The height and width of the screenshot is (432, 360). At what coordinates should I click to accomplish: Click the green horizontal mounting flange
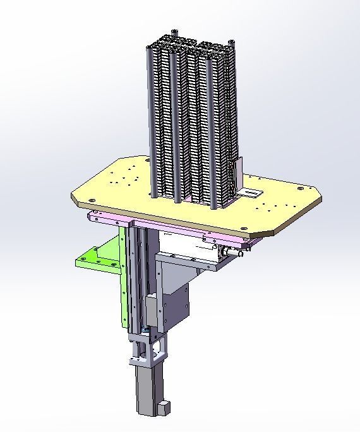tap(95, 259)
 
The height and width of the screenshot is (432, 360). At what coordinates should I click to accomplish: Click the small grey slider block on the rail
tap(152, 309)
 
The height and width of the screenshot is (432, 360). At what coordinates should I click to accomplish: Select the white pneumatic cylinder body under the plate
tap(189, 246)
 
